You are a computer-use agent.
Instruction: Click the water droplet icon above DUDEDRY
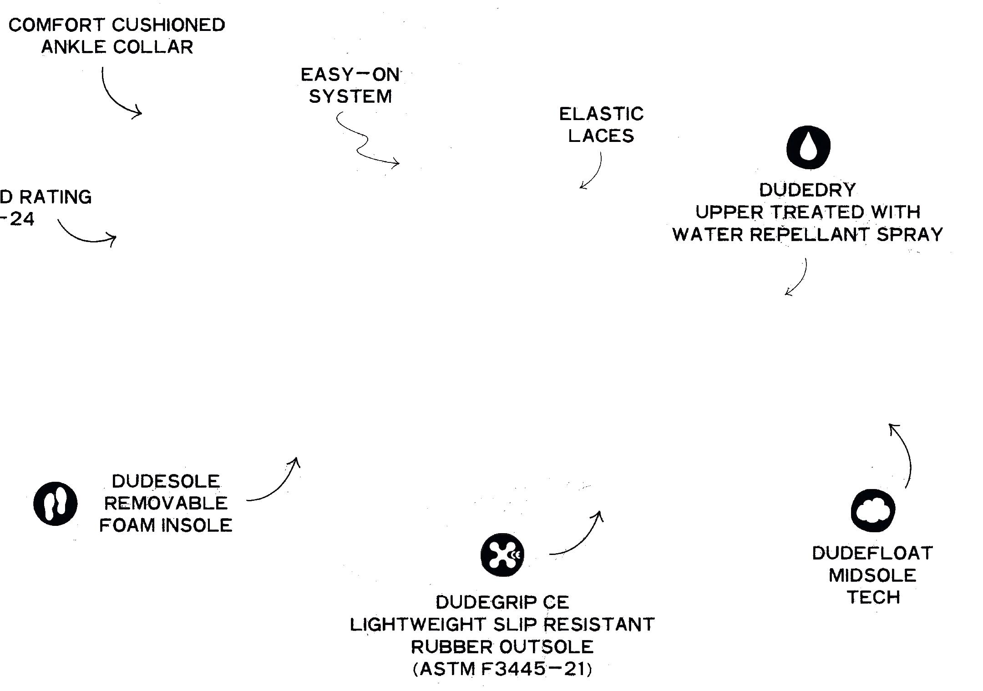point(808,147)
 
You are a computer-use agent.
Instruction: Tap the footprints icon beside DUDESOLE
point(56,504)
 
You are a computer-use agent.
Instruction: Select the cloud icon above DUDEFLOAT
point(872,511)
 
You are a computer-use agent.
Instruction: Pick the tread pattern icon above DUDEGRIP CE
point(502,555)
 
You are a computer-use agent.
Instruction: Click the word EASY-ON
point(350,75)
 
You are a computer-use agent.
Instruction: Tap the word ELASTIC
point(601,114)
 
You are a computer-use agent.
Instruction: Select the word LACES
point(601,136)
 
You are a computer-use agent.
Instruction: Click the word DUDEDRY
point(807,190)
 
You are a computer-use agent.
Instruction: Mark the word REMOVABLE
point(166,503)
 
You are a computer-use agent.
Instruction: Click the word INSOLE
point(197,525)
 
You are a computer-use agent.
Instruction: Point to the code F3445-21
point(533,669)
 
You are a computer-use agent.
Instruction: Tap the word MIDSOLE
point(872,575)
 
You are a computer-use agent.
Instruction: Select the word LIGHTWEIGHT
point(418,625)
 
